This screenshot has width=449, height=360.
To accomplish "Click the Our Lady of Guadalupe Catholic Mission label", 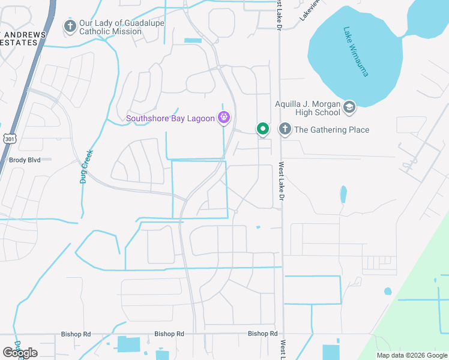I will tap(122, 27).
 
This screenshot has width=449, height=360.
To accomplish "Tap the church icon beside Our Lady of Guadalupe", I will tap(70, 26).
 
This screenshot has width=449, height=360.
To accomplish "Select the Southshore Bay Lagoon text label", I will tap(170, 118).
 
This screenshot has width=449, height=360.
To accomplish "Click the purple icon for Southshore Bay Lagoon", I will tap(224, 117).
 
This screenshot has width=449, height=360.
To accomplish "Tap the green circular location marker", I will tap(262, 128).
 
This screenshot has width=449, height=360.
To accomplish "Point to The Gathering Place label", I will tap(331, 130).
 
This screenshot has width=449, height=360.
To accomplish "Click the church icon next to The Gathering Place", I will tap(285, 129).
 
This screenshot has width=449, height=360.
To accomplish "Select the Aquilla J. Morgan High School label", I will tap(307, 108).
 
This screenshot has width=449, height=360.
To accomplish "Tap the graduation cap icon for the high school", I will tap(349, 108).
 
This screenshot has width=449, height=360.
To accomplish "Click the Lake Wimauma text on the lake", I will tap(356, 51).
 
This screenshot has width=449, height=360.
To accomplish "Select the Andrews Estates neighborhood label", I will tap(23, 39).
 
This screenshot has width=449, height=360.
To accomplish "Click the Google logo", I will tap(20, 353).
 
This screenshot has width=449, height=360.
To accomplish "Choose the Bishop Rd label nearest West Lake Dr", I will tap(263, 334).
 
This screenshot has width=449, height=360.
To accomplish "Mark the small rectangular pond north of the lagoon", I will tap(193, 40).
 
